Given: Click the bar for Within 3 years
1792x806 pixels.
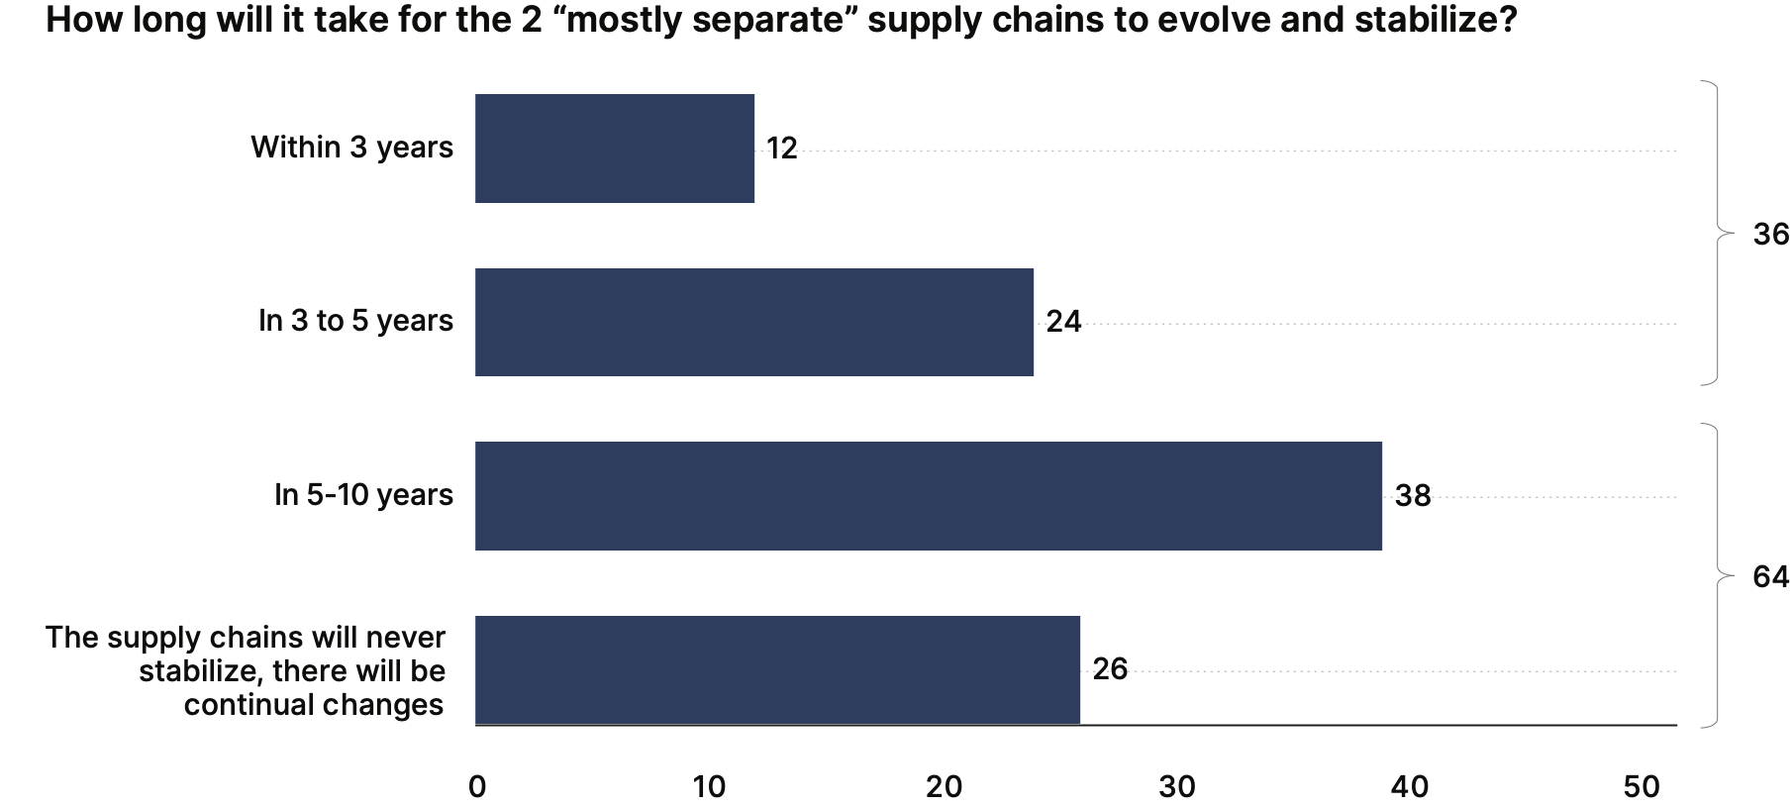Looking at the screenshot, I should click(x=614, y=149).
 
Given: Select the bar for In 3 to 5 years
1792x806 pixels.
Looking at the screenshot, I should click(x=753, y=322).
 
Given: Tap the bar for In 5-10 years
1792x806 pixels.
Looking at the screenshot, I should click(x=928, y=496).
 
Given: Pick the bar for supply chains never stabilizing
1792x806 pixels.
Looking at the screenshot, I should click(x=777, y=669).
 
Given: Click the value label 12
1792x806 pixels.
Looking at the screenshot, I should click(x=781, y=149).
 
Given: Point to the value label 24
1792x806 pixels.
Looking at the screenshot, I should click(x=1063, y=322).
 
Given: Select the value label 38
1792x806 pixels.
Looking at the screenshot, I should click(x=1413, y=496).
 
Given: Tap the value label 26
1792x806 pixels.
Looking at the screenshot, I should click(x=1110, y=669).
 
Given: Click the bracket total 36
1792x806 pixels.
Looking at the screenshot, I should click(x=1770, y=235).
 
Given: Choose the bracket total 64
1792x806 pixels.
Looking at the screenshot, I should click(x=1770, y=577).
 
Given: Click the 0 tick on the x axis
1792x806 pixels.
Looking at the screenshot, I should click(x=477, y=787).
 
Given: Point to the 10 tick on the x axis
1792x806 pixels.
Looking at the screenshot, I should click(x=709, y=787).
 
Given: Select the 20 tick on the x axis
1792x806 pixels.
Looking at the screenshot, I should click(x=944, y=787).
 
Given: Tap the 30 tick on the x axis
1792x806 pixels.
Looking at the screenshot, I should click(x=1177, y=787).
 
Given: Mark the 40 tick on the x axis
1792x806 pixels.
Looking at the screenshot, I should click(x=1410, y=787).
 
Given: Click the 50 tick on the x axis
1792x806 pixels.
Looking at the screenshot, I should click(x=1642, y=787).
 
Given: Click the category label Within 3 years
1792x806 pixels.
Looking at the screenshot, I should click(x=351, y=148).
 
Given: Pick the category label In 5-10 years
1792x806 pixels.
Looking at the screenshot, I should click(x=363, y=495).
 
